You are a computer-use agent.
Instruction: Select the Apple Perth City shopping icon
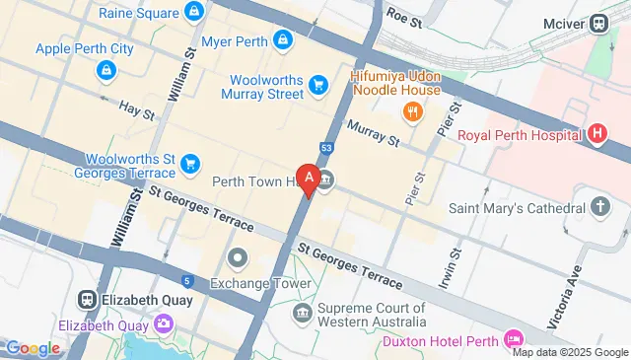pos(105,70)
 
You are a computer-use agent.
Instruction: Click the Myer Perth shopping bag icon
pos(283,39)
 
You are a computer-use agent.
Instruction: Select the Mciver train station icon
pos(598,23)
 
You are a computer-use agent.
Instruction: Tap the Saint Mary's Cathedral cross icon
pos(600,208)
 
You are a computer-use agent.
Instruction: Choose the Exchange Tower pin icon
pos(238,259)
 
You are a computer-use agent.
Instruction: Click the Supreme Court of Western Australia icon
pos(303,314)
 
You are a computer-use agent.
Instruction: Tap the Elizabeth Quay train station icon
pos(88,299)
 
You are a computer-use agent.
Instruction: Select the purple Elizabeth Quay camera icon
pos(164,324)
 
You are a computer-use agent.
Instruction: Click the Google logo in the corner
pos(34,347)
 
